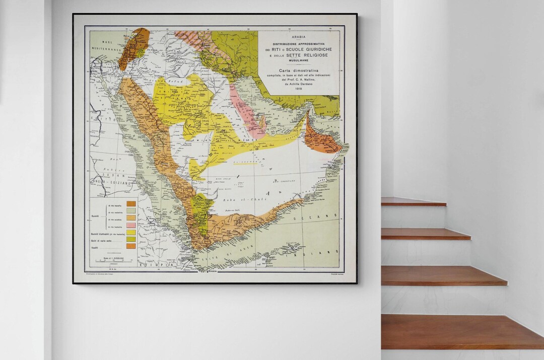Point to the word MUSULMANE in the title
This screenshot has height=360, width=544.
coord(298,60)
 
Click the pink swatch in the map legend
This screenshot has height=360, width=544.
coord(131,225)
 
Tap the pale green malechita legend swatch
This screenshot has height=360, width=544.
coord(131,210)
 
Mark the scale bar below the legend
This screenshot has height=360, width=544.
coord(110,260)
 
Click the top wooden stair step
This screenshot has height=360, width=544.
coord(413,201)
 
